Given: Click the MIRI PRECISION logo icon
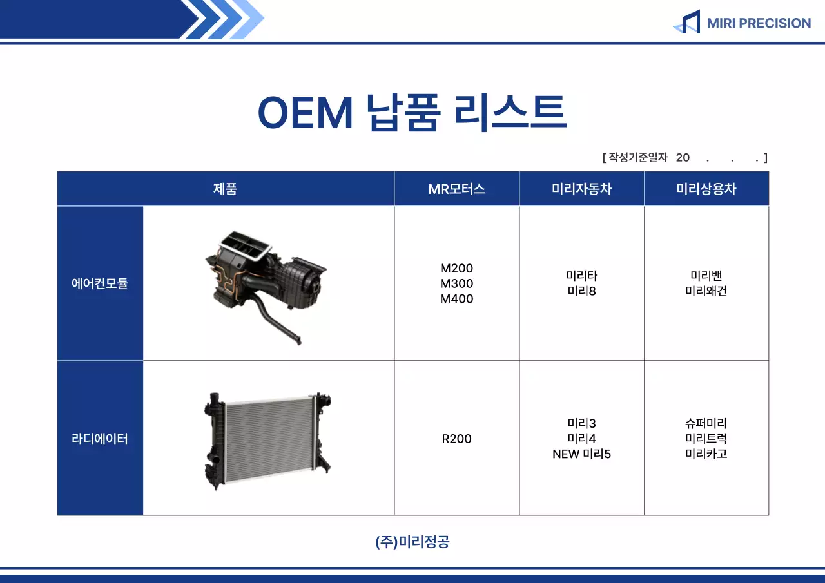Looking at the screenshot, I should tap(687, 23).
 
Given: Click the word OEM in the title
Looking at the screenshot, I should tap(305, 113).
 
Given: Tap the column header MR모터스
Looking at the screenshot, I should tap(456, 189).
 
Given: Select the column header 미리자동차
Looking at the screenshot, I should tap(581, 189).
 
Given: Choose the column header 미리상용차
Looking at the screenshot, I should tap(706, 189).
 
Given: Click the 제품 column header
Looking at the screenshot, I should tap(225, 189).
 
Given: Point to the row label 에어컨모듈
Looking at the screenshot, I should tap(100, 283).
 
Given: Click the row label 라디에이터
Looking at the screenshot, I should tap(100, 439).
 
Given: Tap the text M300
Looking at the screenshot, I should tap(456, 283).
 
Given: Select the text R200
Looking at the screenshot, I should tap(456, 439).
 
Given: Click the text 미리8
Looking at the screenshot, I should tap(581, 291).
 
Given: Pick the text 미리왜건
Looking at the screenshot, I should tap(706, 291).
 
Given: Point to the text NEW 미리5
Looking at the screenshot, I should tap(581, 454).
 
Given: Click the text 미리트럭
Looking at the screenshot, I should tap(706, 439).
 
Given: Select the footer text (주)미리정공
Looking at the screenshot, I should tap(412, 542).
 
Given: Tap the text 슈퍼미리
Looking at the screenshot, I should tap(706, 423).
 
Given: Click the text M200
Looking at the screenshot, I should tap(456, 268).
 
